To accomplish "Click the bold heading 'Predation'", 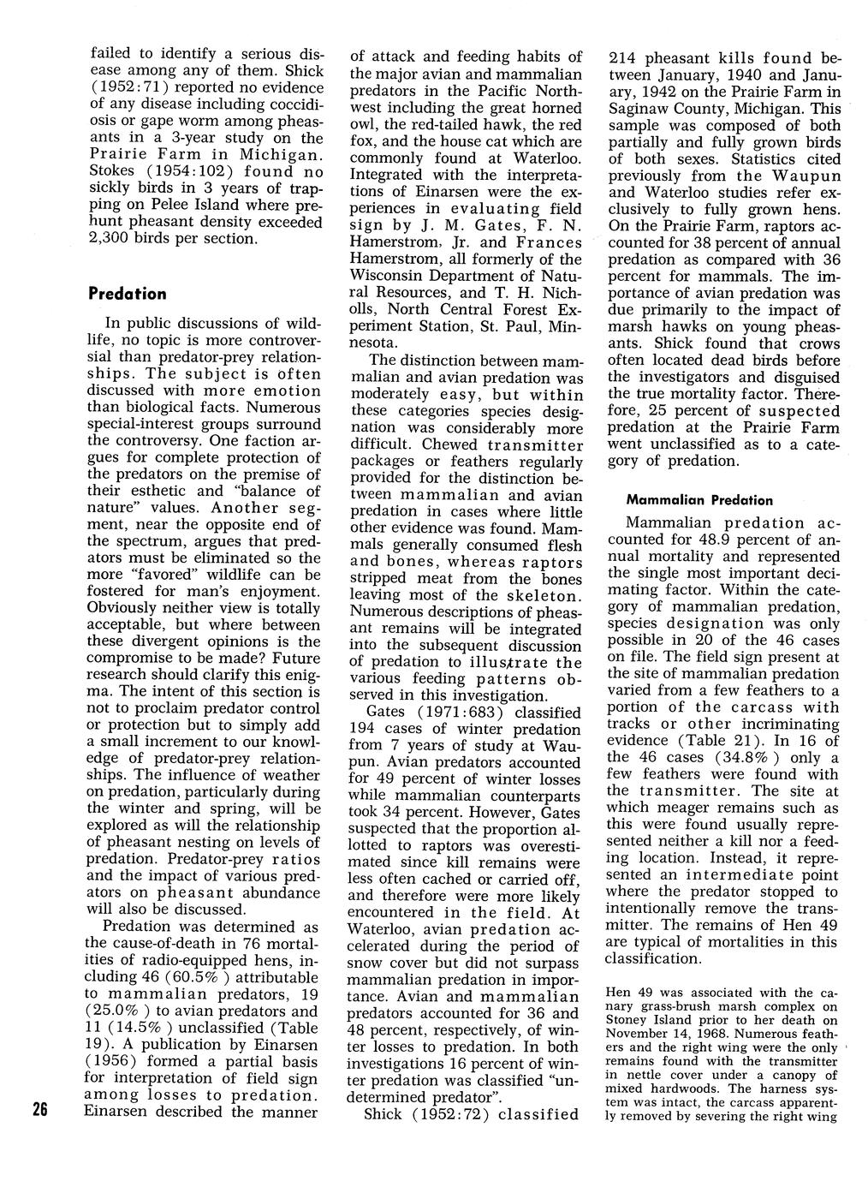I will pyautogui.click(x=128, y=294).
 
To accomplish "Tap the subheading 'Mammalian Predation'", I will pyautogui.click(x=699, y=500).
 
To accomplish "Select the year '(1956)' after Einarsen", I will pyautogui.click(x=120, y=1061).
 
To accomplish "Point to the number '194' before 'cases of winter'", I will pyautogui.click(x=362, y=729).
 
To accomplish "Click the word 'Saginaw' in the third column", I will pyautogui.click(x=640, y=109).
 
